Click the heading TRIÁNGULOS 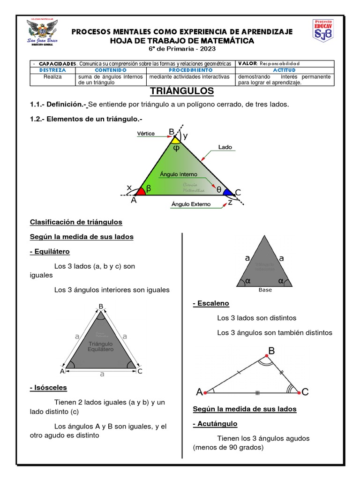tap(182, 91)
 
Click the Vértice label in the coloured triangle tap(146, 134)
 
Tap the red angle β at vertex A tap(141, 190)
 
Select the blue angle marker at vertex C tap(227, 192)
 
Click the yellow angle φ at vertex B tap(175, 141)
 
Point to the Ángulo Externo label tap(191, 204)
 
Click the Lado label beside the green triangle tap(225, 147)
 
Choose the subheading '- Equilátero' tap(50, 252)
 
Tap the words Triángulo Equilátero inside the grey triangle tap(101, 347)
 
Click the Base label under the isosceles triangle tap(265, 290)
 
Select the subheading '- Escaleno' tap(211, 303)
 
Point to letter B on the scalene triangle tap(271, 351)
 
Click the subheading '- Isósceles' tap(48, 388)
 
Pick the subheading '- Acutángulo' tap(215, 424)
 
